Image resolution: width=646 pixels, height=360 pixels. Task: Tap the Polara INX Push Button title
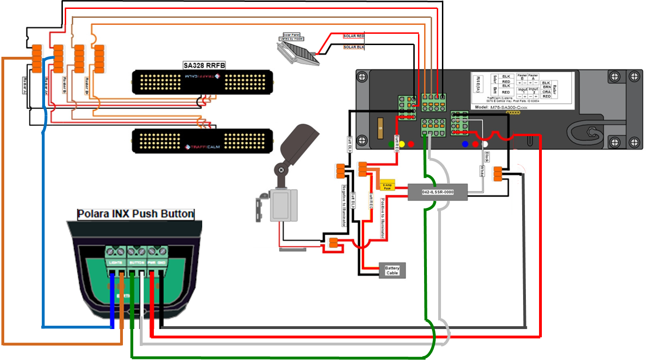pyautogui.click(x=136, y=214)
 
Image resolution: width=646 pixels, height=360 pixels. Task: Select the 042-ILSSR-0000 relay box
pyautogui.click(x=437, y=192)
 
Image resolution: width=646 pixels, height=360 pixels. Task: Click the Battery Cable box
pyautogui.click(x=392, y=270)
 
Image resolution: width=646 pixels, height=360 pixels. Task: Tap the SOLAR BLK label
pyautogui.click(x=354, y=47)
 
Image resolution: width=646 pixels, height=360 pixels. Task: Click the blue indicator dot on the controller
pyautogui.click(x=465, y=144)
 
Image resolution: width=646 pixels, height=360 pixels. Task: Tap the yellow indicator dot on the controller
pyautogui.click(x=402, y=144)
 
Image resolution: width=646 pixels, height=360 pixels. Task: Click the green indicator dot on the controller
pyautogui.click(x=391, y=144)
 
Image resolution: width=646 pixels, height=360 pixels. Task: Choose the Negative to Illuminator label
pyautogui.click(x=343, y=206)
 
